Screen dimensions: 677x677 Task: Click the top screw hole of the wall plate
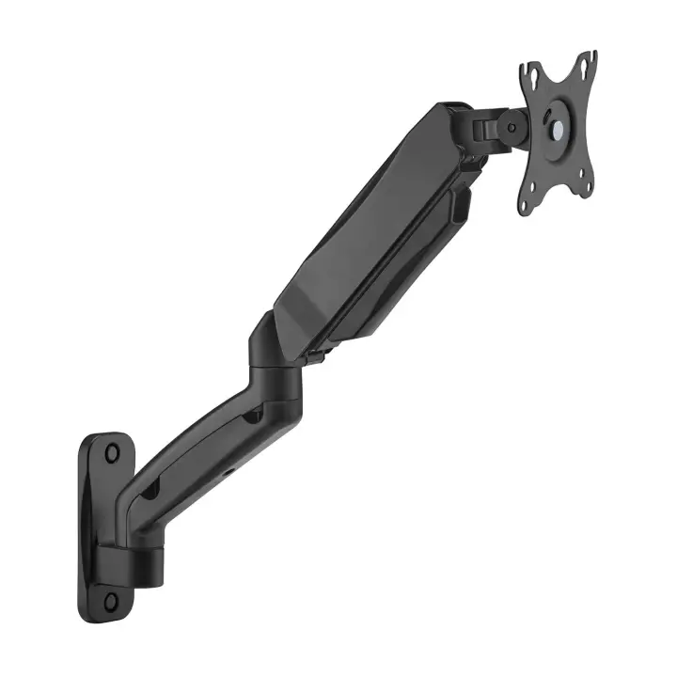click(x=112, y=453)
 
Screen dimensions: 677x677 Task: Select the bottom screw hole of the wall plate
click(x=110, y=599)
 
